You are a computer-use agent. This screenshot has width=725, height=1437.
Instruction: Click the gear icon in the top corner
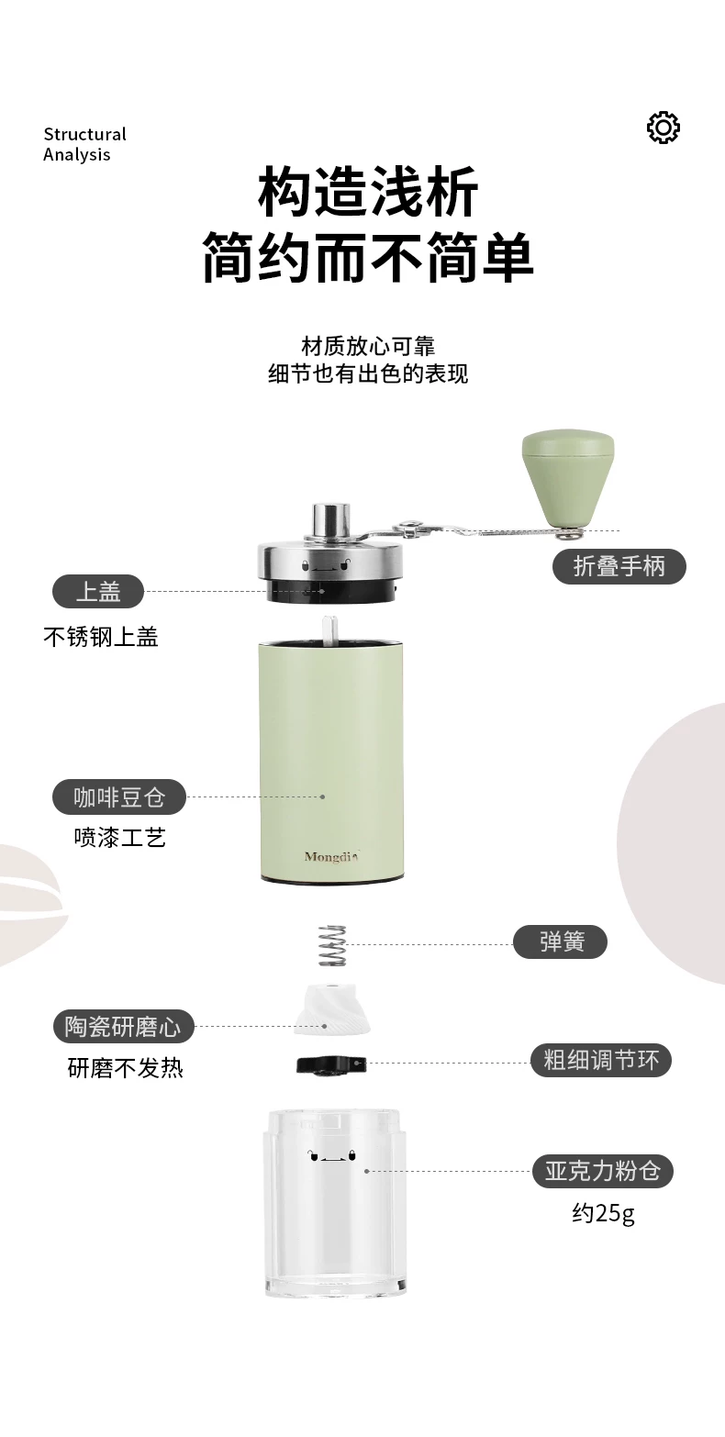pyautogui.click(x=663, y=128)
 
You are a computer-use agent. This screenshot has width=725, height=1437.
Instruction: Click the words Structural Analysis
pyautogui.click(x=84, y=144)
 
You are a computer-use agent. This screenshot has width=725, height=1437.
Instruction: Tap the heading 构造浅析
pyautogui.click(x=368, y=191)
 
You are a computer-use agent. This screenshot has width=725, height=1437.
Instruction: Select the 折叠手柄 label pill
pyautogui.click(x=619, y=566)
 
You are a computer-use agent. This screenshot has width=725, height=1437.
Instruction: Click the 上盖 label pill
pyautogui.click(x=98, y=592)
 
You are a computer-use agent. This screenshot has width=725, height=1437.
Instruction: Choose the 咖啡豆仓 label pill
pyautogui.click(x=119, y=797)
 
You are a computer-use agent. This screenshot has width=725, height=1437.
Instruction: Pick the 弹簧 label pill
pyautogui.click(x=560, y=941)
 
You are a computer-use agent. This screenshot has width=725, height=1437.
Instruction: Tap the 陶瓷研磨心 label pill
pyautogui.click(x=123, y=1027)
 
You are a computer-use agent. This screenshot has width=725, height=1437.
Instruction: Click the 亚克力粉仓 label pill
pyautogui.click(x=603, y=1171)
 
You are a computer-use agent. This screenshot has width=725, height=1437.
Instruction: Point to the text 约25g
pyautogui.click(x=603, y=1213)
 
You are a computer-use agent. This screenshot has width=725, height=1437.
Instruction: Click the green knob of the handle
pyautogui.click(x=568, y=478)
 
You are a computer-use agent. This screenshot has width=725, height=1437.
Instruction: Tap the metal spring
pyautogui.click(x=332, y=945)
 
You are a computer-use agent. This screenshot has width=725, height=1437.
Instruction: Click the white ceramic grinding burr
pyautogui.click(x=332, y=1008)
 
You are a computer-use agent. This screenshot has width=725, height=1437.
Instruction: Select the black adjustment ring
pyautogui.click(x=331, y=1065)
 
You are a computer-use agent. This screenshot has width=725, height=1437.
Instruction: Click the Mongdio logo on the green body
pyautogui.click(x=331, y=856)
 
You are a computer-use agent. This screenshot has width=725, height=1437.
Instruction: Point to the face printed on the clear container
pyautogui.click(x=332, y=1156)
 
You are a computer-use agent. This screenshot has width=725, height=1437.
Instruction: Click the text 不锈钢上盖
pyautogui.click(x=101, y=637)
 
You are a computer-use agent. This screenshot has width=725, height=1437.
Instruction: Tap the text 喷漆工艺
pyautogui.click(x=120, y=837)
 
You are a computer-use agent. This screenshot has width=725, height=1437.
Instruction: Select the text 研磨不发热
pyautogui.click(x=125, y=1068)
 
